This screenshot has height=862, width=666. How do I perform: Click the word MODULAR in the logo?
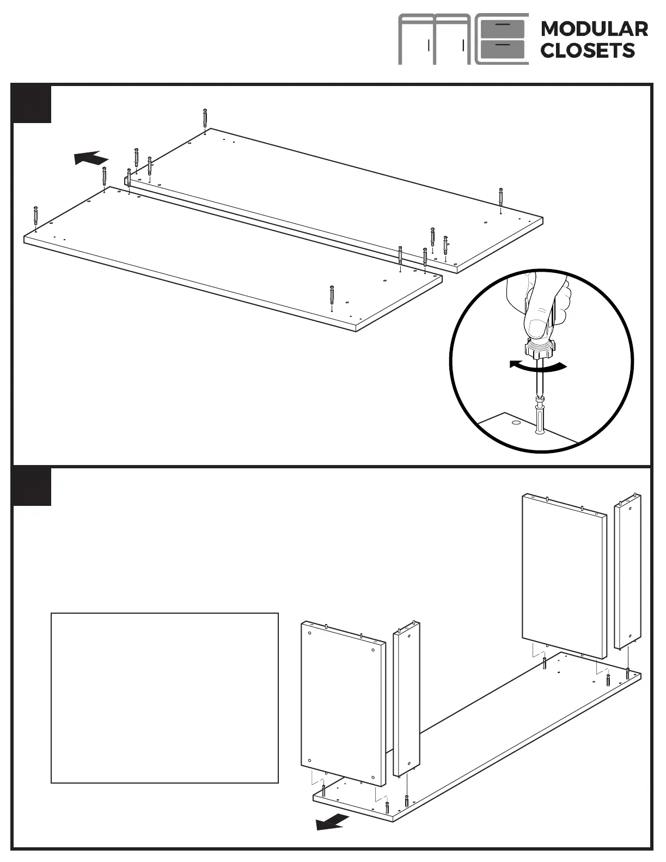coord(594,29)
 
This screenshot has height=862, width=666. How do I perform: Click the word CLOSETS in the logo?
coord(588,51)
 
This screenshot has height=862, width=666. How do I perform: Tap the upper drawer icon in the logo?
coord(503,28)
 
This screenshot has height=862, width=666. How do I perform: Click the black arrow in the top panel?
coord(91,158)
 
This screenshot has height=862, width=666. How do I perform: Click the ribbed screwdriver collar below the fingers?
coord(540,349)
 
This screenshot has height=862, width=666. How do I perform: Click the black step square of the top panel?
coord(32,105)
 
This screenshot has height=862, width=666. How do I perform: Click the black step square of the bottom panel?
coord(32,487)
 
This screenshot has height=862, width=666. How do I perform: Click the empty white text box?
coord(164,698)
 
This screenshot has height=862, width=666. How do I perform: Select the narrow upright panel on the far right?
coord(627,571)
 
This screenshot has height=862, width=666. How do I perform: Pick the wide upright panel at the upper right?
coord(564,576)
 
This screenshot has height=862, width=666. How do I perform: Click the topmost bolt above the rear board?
coord(205,118)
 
